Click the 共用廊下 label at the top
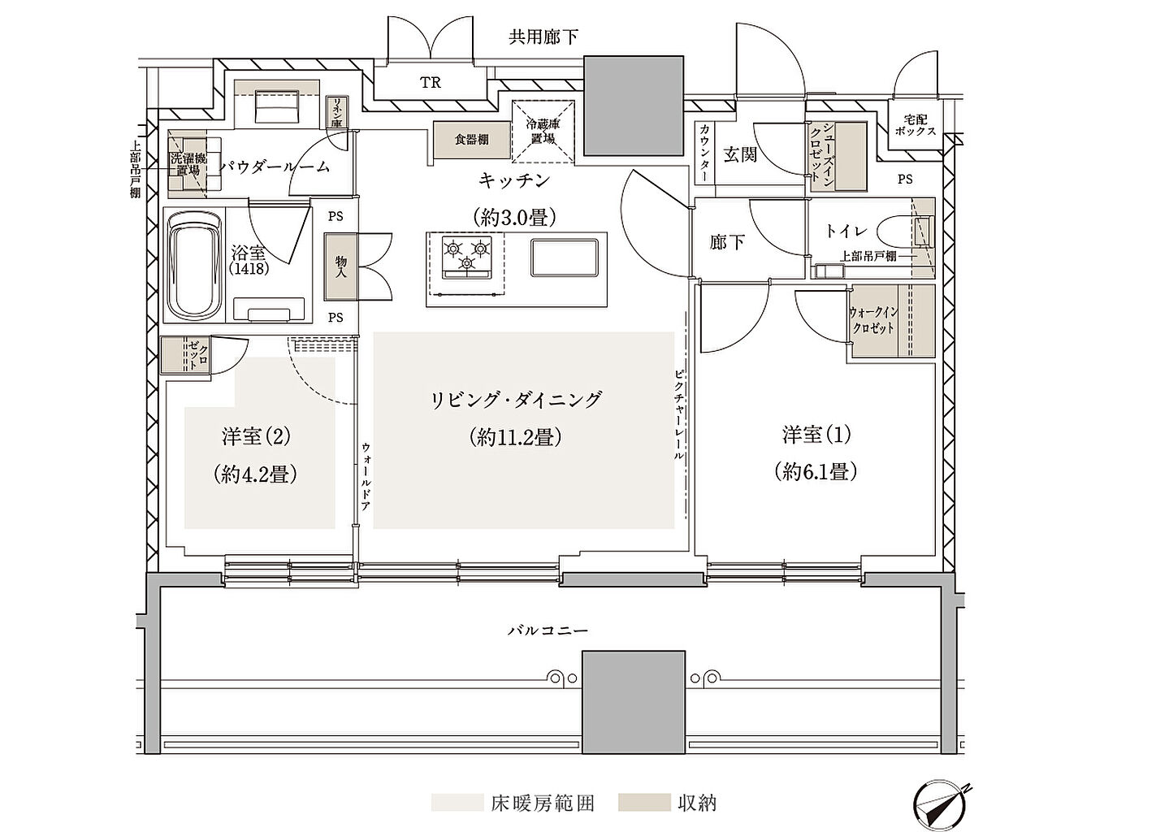pyautogui.click(x=543, y=37)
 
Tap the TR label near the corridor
pyautogui.click(x=430, y=82)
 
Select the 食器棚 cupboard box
pyautogui.click(x=471, y=140)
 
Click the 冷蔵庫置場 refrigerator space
pyautogui.click(x=543, y=132)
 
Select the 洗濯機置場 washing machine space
pyautogui.click(x=188, y=165)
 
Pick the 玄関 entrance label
pyautogui.click(x=739, y=154)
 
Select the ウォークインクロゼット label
pyautogui.click(x=872, y=320)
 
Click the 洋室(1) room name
pyautogui.click(x=816, y=435)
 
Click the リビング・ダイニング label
pyautogui.click(x=516, y=399)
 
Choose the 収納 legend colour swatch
pyautogui.click(x=644, y=803)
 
